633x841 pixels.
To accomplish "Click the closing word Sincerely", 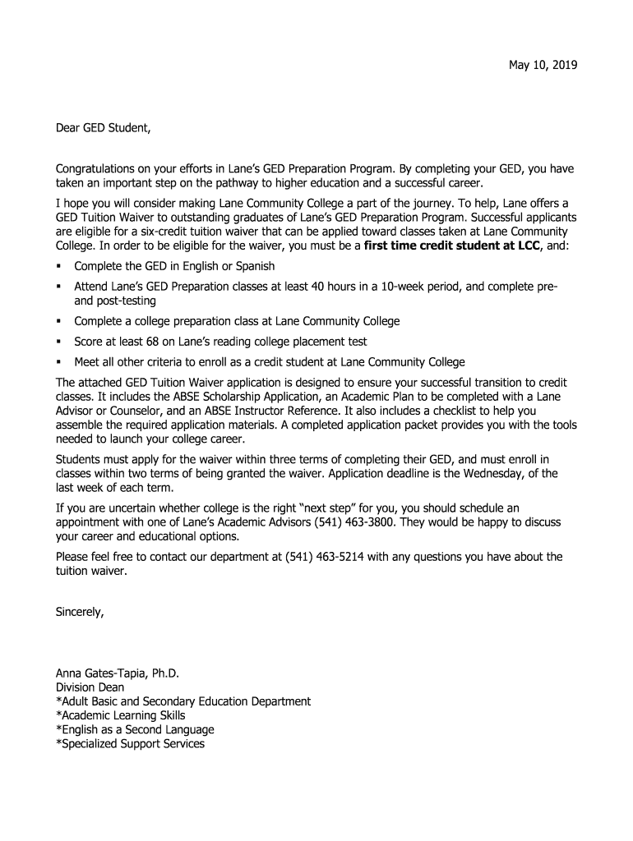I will click(x=80, y=612).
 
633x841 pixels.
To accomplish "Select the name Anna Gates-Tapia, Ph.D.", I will click(x=117, y=673).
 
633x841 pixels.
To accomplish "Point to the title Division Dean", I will click(x=90, y=687).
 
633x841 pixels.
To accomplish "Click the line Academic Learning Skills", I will click(x=120, y=715).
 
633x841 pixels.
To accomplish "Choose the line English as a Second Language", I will click(x=135, y=729).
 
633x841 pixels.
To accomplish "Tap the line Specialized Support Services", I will click(x=130, y=743).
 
